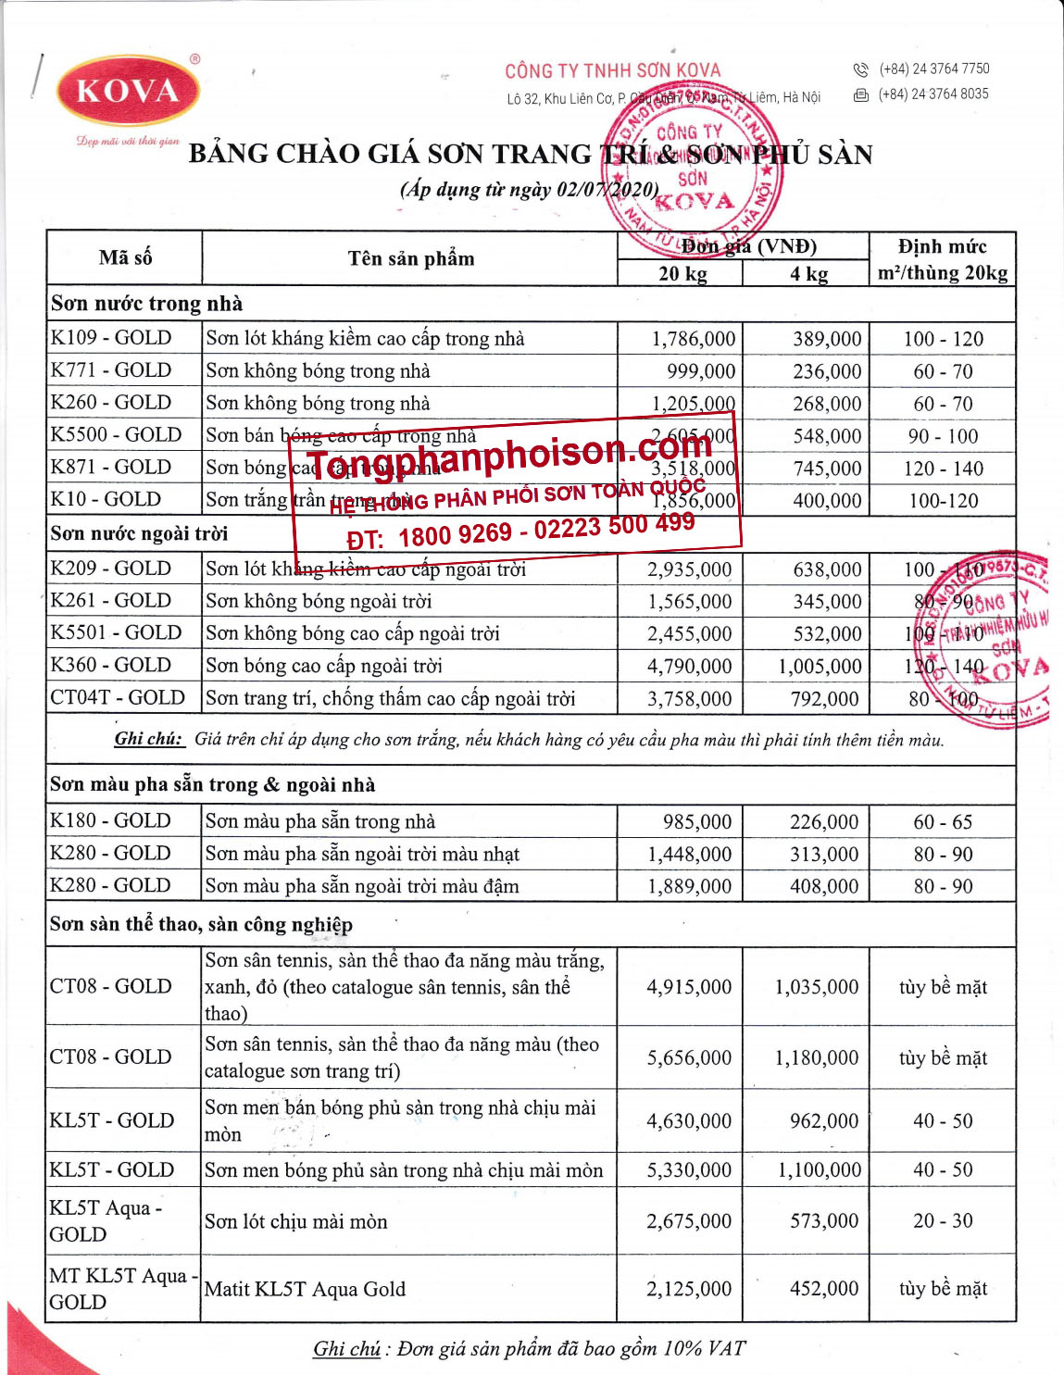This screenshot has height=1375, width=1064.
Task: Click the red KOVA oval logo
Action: click(129, 91)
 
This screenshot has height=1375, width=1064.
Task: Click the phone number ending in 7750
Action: click(933, 69)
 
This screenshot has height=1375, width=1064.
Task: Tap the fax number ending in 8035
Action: click(933, 94)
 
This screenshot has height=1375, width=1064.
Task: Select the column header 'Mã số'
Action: click(125, 257)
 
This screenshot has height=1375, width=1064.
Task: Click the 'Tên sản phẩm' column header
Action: click(410, 258)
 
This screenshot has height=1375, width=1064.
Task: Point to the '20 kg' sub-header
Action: click(682, 274)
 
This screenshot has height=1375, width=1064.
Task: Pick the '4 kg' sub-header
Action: click(808, 274)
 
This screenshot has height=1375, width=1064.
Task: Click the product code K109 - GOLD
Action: click(111, 338)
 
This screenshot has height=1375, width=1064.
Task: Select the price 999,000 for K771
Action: click(701, 371)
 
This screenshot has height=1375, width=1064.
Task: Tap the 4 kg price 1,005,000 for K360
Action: click(819, 667)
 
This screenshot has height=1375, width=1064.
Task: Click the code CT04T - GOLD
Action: click(118, 698)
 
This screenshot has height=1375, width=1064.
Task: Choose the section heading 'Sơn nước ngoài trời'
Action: click(139, 533)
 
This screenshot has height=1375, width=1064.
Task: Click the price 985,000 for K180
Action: click(696, 822)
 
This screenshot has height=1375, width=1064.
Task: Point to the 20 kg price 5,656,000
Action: click(689, 1057)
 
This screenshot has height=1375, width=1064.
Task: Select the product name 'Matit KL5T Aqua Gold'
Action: click(305, 1289)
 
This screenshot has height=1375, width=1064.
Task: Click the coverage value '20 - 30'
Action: click(943, 1221)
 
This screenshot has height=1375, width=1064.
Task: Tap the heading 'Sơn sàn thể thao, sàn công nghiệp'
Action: click(201, 924)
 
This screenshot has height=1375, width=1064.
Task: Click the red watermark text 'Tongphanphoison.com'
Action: click(508, 453)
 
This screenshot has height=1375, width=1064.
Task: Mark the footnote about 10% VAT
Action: click(529, 1348)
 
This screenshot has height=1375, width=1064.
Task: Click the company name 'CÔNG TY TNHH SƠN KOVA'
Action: click(612, 70)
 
